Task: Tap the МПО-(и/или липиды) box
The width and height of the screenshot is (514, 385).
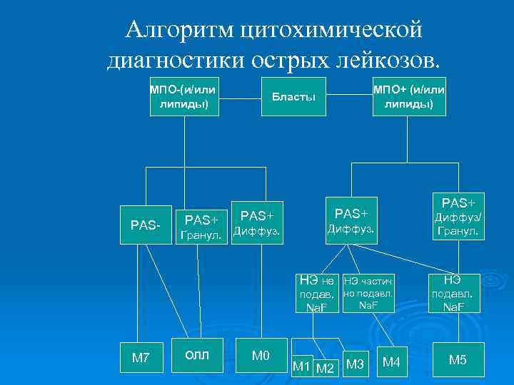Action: (x=183, y=96)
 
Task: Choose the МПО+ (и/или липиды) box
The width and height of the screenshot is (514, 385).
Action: (x=409, y=96)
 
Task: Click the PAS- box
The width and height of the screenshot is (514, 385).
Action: (x=146, y=225)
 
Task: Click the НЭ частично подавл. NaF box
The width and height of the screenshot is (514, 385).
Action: (x=368, y=293)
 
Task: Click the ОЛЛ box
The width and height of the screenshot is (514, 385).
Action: (x=198, y=355)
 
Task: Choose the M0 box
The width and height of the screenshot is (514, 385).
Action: (x=261, y=355)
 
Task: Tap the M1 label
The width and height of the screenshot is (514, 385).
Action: (x=301, y=367)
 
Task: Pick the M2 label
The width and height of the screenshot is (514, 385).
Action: (x=326, y=368)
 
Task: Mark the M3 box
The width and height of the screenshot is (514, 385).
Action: (x=355, y=364)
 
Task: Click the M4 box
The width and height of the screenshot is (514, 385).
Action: (x=391, y=363)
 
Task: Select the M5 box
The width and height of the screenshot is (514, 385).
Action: (x=458, y=360)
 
